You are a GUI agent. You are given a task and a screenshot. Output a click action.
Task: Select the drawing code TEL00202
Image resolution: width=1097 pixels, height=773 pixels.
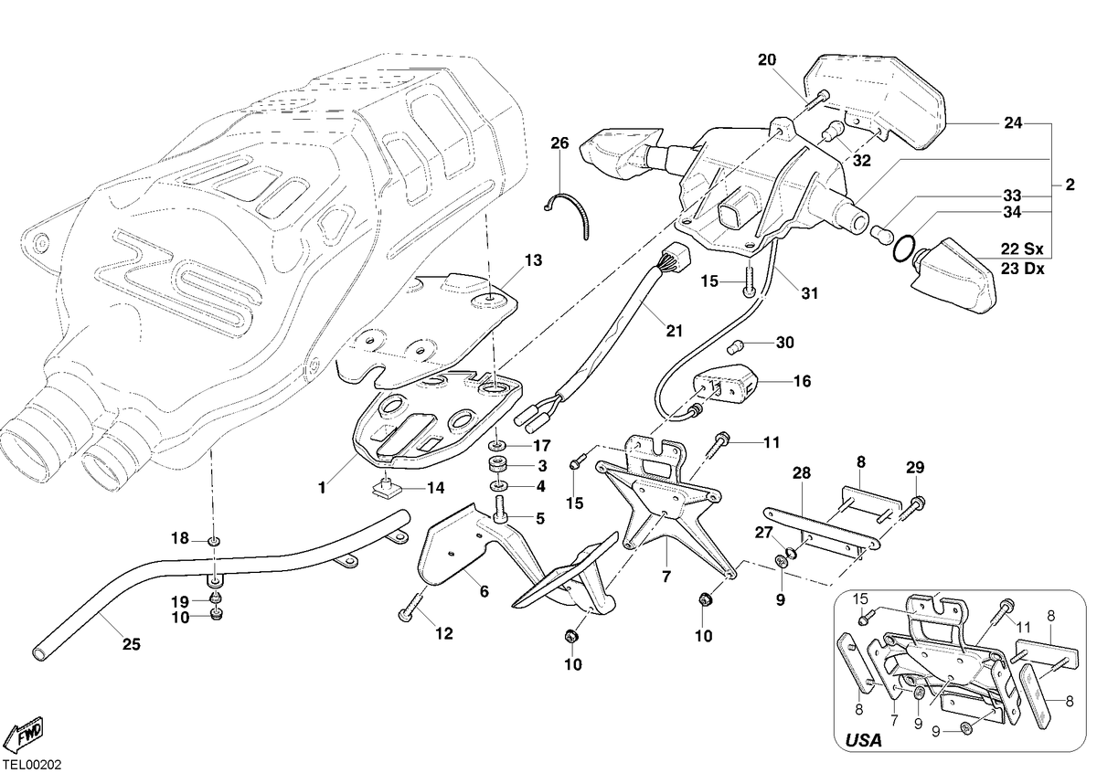(x=32, y=764)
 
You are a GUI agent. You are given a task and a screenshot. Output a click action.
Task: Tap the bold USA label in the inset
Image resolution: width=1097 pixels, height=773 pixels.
(x=864, y=740)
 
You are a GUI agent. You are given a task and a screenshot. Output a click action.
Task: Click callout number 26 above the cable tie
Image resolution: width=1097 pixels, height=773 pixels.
(x=559, y=143)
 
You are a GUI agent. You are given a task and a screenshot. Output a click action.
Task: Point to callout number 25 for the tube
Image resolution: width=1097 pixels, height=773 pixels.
(x=132, y=644)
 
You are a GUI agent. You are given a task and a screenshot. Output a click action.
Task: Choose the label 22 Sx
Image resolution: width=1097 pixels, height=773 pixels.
(x=1022, y=249)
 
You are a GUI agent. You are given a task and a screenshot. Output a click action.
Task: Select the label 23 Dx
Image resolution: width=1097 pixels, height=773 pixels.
(x=1023, y=269)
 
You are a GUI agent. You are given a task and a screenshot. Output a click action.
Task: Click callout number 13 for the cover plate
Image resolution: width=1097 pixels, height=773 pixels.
(x=533, y=260)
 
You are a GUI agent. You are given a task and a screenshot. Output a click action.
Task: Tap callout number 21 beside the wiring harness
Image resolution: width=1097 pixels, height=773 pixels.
(x=675, y=332)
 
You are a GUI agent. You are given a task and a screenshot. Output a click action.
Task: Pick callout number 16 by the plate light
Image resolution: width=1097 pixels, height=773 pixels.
(x=802, y=381)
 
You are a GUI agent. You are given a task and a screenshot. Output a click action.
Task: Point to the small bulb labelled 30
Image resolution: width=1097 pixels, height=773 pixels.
(x=736, y=347)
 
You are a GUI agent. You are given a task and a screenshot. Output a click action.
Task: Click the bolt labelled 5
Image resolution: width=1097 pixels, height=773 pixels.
(x=501, y=513)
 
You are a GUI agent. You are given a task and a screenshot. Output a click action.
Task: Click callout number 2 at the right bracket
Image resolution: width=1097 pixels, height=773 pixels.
(x=1070, y=185)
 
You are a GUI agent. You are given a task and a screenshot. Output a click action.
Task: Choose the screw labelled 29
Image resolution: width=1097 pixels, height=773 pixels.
(x=912, y=509)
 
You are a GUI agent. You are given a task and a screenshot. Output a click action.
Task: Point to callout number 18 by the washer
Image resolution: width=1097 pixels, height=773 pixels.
(x=180, y=538)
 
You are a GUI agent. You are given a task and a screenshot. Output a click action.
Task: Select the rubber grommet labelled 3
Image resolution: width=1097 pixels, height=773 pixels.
(x=499, y=464)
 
